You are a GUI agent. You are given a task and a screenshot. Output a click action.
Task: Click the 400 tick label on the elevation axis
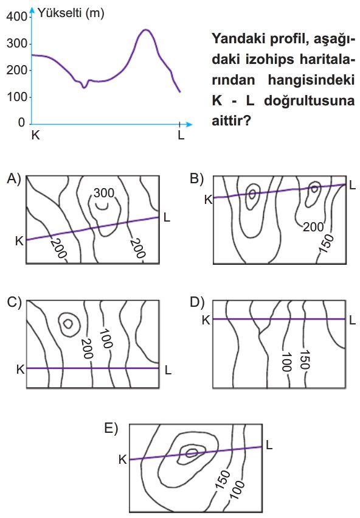(x=16, y=16)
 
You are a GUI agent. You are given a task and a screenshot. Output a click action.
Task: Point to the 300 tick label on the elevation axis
(x=16, y=43)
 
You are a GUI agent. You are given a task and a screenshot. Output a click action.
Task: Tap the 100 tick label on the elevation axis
(x=16, y=97)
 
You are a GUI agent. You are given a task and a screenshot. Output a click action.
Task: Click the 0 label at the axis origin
(x=21, y=122)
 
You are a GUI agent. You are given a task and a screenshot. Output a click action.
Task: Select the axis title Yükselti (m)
(x=71, y=13)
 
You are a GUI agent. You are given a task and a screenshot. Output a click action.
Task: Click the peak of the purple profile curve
(x=146, y=30)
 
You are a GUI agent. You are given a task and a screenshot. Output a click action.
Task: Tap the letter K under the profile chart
(x=35, y=135)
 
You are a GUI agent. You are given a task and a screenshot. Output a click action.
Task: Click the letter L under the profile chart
(x=181, y=135)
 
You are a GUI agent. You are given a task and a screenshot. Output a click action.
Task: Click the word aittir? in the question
(x=231, y=121)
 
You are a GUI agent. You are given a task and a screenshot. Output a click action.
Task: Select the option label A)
(x=14, y=179)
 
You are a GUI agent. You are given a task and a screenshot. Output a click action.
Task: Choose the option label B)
(x=197, y=179)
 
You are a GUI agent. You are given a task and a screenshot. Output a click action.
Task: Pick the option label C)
(x=14, y=303)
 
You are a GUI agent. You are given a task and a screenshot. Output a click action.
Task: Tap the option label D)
(x=197, y=303)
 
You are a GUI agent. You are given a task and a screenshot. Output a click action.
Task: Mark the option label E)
(x=111, y=428)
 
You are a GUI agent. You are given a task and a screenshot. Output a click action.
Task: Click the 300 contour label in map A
(x=104, y=193)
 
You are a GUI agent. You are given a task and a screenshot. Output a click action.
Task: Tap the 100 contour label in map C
(x=106, y=338)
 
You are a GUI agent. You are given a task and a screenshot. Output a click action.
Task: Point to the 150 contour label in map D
(x=304, y=360)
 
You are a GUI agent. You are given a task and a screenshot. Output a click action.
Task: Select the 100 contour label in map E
(x=237, y=489)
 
